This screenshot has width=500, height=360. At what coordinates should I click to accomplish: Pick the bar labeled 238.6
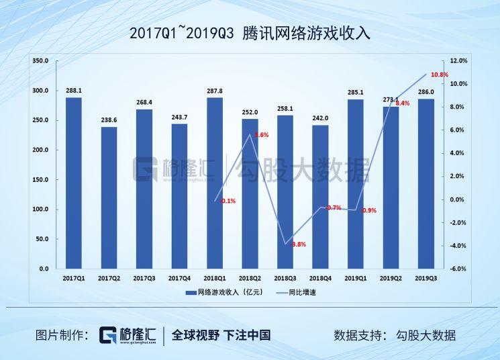109,197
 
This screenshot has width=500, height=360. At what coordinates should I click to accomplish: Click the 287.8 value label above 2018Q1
215,91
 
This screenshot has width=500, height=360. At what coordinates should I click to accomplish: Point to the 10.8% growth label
440,75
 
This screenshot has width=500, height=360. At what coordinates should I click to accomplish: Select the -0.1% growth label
228,201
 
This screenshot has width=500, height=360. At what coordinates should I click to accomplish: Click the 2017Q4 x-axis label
179,277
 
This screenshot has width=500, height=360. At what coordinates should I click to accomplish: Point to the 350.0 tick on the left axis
40,61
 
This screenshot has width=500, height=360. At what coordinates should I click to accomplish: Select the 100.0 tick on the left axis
40,210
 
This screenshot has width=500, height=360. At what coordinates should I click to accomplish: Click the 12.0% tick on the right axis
458,61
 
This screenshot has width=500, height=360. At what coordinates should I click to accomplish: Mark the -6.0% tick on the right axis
458,269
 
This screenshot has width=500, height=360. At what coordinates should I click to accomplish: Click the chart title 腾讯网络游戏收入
250,33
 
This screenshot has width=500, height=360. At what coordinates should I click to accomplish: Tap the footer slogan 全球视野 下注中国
221,335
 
